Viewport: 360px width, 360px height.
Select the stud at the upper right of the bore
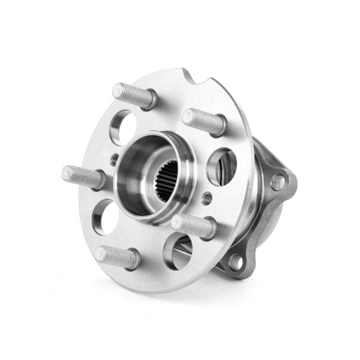click(x=204, y=121)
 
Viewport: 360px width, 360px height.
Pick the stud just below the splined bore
click(x=193, y=226)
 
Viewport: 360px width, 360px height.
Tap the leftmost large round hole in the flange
click(x=106, y=217)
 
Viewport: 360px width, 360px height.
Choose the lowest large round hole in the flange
click(x=178, y=251)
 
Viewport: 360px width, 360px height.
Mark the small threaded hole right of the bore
click(x=206, y=197)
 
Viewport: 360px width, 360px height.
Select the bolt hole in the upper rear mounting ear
click(x=278, y=181)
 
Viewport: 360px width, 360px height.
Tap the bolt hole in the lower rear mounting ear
click(x=235, y=262)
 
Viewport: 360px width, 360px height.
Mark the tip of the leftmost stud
click(x=67, y=173)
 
